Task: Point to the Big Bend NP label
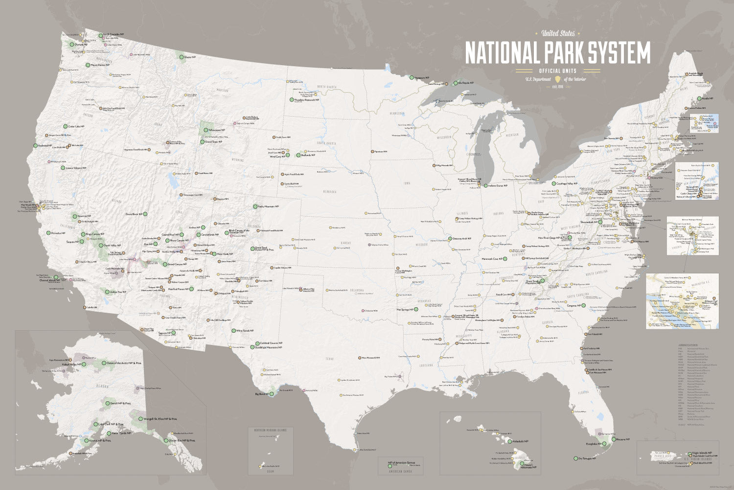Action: [262, 393]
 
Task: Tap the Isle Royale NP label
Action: [466, 83]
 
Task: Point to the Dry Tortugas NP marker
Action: [575, 459]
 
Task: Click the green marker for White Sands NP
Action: [233, 331]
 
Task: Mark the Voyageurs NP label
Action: [421, 77]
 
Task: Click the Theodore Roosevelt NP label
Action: [307, 100]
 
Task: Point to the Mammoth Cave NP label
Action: [492, 259]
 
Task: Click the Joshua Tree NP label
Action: [118, 292]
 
